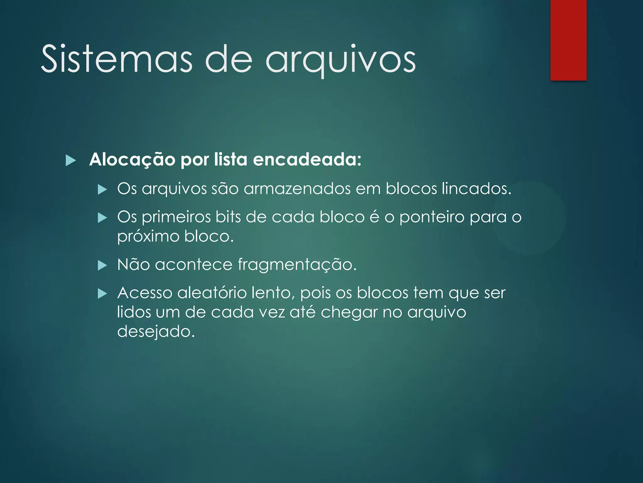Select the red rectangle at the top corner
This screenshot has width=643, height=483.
pyautogui.click(x=568, y=40)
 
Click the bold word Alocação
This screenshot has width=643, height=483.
pyautogui.click(x=132, y=160)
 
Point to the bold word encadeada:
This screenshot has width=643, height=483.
pyautogui.click(x=307, y=160)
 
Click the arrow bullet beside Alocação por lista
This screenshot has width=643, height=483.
pyautogui.click(x=71, y=161)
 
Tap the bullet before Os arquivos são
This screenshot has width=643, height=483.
pyautogui.click(x=102, y=190)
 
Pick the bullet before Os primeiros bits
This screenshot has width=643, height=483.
pyautogui.click(x=102, y=218)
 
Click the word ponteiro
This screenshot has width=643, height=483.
pyautogui.click(x=432, y=217)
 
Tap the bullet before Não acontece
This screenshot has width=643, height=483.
pyautogui.click(x=102, y=265)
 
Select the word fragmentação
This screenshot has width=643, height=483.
pyautogui.click(x=297, y=265)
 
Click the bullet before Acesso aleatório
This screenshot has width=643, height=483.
pyautogui.click(x=102, y=294)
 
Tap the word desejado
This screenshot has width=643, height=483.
pyautogui.click(x=156, y=331)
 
